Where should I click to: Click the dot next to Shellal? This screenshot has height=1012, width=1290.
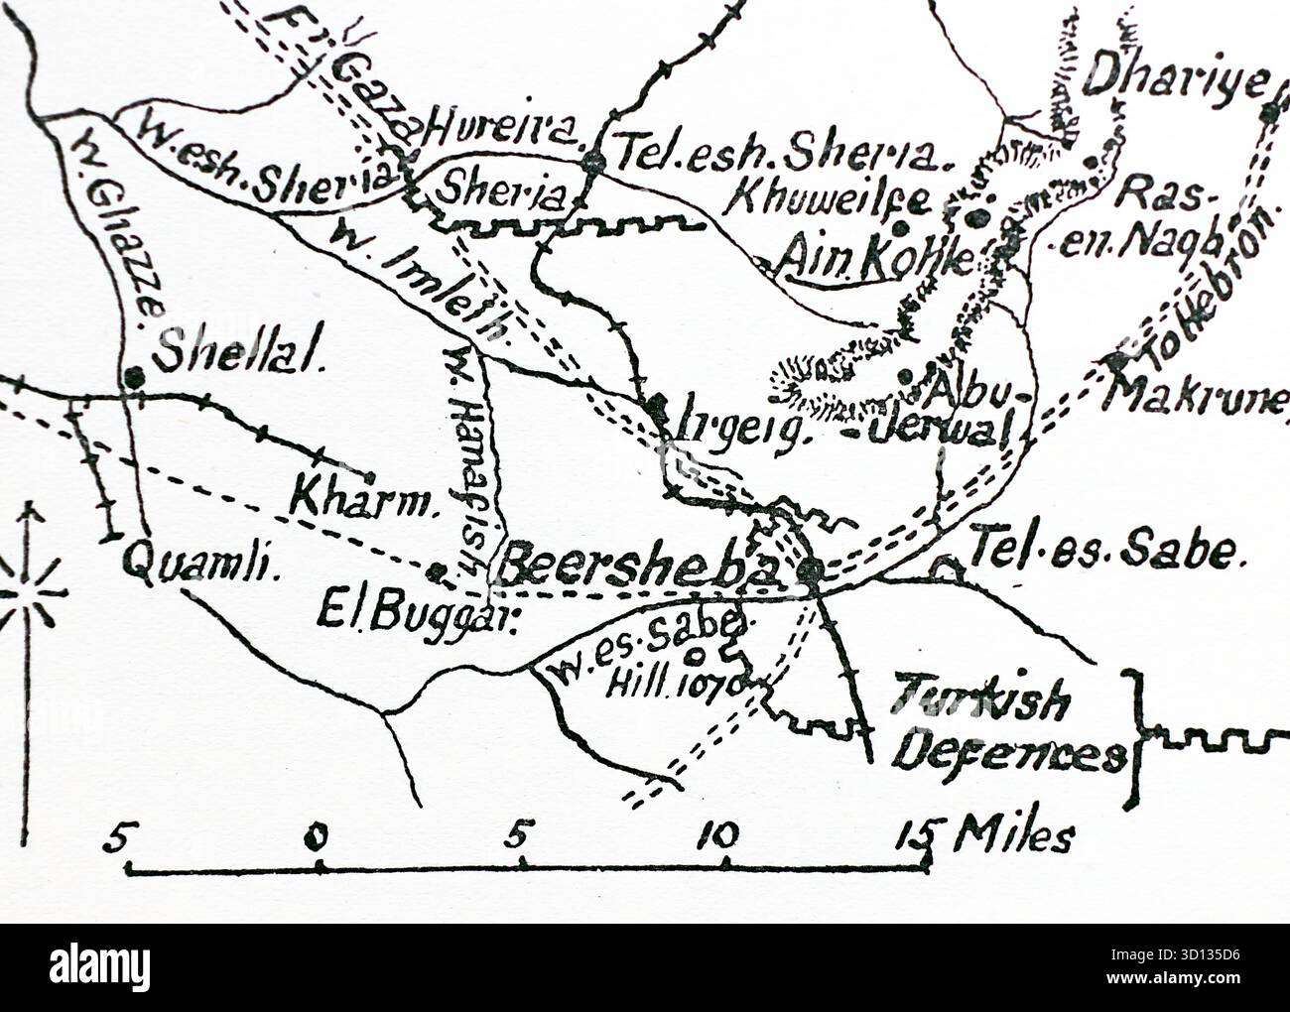133,376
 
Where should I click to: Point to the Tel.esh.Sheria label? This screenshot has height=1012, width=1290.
783,154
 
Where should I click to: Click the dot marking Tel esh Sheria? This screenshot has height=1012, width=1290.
593,162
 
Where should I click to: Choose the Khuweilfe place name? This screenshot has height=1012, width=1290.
829,199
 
